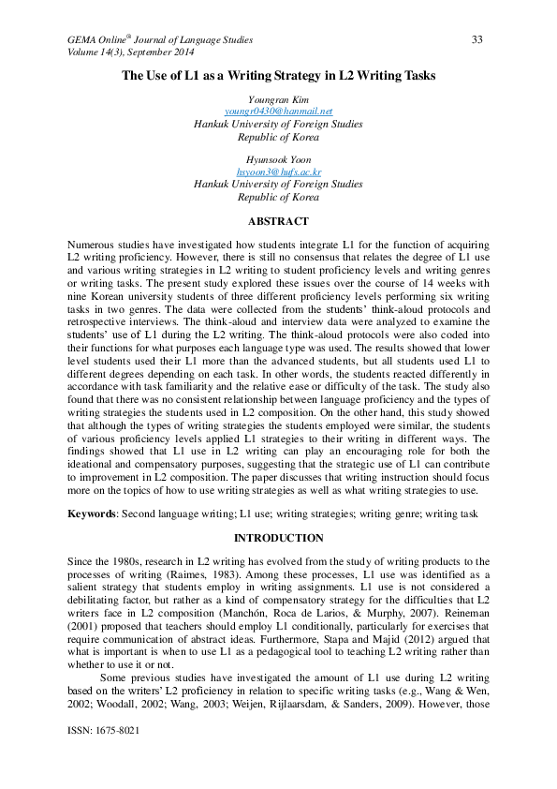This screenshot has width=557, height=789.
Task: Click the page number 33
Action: [476, 39]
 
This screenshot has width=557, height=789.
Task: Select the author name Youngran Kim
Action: [278, 99]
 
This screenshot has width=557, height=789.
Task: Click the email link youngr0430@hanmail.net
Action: [278, 112]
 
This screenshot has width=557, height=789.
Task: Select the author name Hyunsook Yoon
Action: [278, 160]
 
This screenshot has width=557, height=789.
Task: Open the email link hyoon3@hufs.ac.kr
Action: [278, 172]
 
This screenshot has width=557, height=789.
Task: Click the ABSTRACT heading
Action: [278, 222]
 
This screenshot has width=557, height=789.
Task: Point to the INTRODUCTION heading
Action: [278, 539]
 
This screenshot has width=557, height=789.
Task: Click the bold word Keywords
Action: [92, 514]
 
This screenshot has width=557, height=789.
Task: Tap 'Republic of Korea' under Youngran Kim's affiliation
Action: [278, 136]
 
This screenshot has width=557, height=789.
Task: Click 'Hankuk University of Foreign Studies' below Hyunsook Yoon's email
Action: [278, 185]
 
